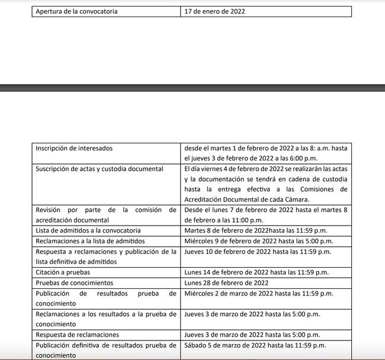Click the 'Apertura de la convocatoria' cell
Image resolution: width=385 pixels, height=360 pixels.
76,11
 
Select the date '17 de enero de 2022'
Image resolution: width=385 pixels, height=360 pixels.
214,11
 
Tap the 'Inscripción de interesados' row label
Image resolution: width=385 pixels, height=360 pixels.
74,148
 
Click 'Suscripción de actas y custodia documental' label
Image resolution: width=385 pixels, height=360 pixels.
99,169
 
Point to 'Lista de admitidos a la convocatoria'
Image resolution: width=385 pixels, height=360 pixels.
88,230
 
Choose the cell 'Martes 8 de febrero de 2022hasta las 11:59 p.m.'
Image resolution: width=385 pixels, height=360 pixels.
256,230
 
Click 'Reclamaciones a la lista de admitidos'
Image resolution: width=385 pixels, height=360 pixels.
90,241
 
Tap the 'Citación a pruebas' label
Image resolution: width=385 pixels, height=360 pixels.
63,272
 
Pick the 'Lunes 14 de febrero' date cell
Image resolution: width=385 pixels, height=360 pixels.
256,272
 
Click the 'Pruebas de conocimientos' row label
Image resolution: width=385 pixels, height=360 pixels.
74,283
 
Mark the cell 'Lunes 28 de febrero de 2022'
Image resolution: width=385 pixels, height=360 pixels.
226,283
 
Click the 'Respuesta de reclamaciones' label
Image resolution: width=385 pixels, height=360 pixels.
77,335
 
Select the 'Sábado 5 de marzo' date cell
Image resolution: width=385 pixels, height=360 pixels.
255,345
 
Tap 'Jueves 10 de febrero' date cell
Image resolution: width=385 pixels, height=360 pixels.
258,252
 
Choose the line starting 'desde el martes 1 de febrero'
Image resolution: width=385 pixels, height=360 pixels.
265,148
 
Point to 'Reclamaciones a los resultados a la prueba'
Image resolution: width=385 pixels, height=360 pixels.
106,314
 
